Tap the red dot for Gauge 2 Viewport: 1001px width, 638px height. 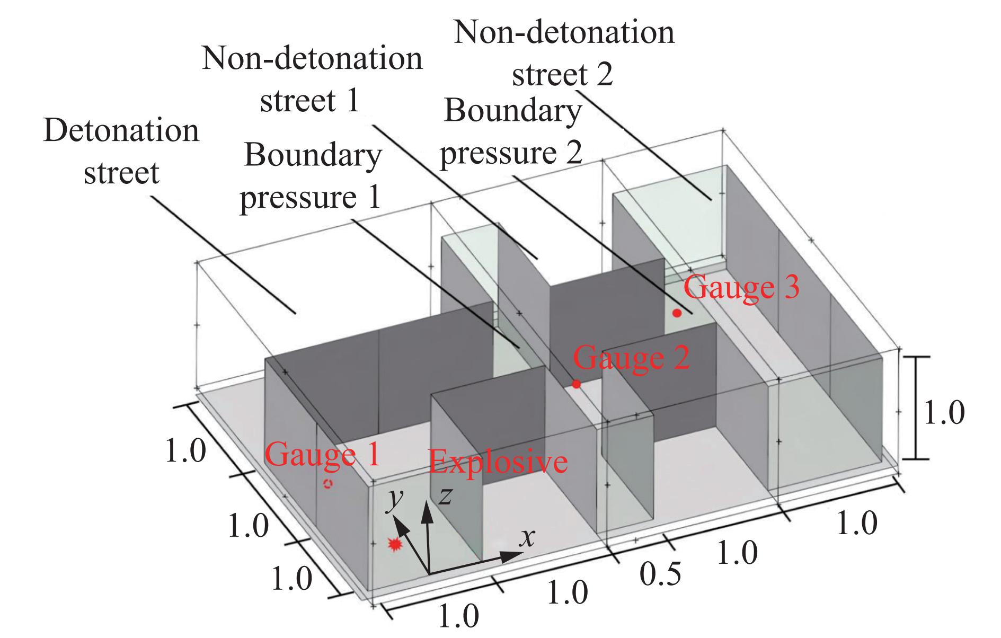click(x=576, y=384)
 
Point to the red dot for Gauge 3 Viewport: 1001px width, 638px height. click(x=677, y=313)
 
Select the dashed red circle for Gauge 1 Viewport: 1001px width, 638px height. click(x=329, y=483)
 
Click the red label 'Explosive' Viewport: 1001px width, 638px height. click(x=498, y=462)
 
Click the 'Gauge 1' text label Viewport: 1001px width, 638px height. click(x=322, y=454)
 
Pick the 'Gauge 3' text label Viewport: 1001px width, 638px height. click(x=741, y=287)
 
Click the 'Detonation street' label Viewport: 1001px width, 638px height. click(x=121, y=152)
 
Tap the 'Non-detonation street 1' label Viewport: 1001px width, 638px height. click(x=312, y=79)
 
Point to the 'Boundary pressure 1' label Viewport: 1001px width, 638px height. click(x=311, y=176)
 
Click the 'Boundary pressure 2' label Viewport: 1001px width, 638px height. click(x=512, y=132)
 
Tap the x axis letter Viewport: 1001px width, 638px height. click(x=527, y=538)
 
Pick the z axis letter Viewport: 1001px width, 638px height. click(x=445, y=496)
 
